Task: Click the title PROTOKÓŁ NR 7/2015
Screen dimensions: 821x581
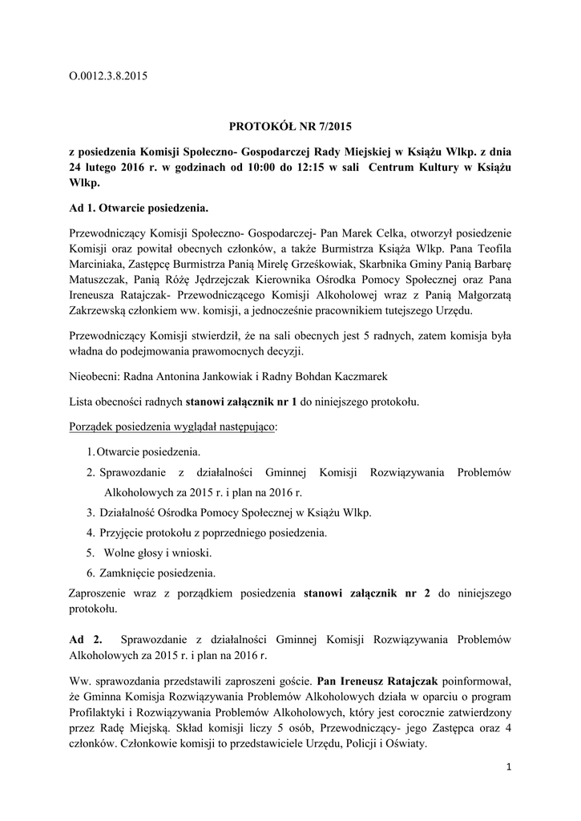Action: click(x=290, y=126)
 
